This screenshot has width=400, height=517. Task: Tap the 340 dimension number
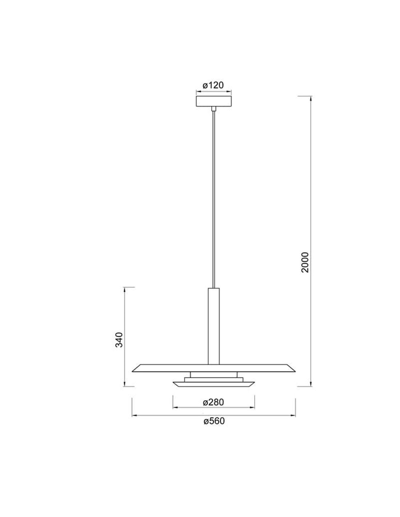pos(119,340)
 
